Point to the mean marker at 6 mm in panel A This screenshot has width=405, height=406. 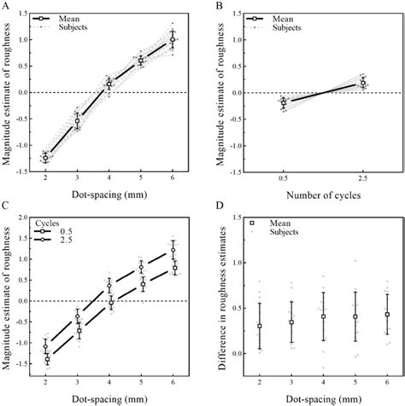coord(172,39)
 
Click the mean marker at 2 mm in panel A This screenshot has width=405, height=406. coord(45,158)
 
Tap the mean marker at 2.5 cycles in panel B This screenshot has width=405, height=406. coord(363,83)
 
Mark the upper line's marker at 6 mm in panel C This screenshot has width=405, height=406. coord(172,250)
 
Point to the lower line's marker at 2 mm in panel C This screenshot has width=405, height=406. coord(45,360)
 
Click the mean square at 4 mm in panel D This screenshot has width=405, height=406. coord(323,316)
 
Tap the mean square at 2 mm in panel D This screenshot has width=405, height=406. coord(260,326)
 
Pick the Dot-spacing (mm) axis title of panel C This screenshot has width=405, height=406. coord(109,399)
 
